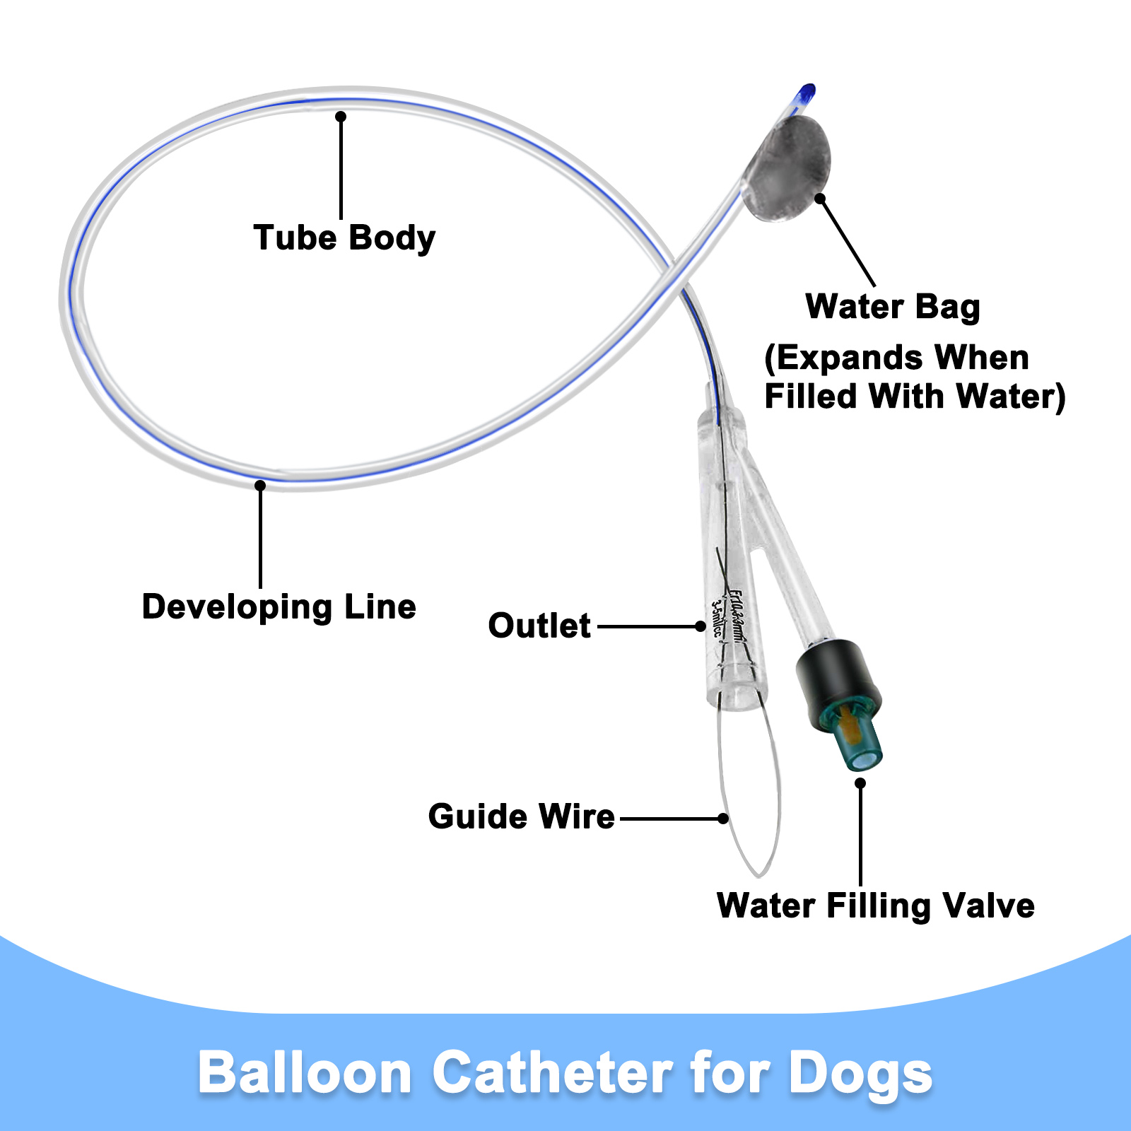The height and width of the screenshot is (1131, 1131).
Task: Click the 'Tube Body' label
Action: (344, 238)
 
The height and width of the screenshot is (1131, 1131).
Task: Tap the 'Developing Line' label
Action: (279, 607)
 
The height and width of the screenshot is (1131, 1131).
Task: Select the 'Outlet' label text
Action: (539, 626)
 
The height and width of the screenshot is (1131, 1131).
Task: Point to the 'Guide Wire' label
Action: (521, 817)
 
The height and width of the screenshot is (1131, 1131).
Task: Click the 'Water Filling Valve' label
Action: (875, 906)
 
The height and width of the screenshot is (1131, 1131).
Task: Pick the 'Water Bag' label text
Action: (893, 307)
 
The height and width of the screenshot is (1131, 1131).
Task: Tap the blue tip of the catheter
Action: (807, 93)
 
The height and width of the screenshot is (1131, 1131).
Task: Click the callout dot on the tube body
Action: (341, 116)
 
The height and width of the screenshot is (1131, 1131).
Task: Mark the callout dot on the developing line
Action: (260, 486)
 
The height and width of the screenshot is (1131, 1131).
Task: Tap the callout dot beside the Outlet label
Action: (700, 626)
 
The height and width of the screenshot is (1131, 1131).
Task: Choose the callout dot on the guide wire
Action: (722, 819)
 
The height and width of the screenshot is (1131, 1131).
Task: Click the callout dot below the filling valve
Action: (860, 783)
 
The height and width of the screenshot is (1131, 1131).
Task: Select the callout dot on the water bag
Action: (820, 199)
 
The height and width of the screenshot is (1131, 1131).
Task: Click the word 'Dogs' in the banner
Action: (860, 1073)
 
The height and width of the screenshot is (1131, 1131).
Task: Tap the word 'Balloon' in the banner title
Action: (305, 1073)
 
